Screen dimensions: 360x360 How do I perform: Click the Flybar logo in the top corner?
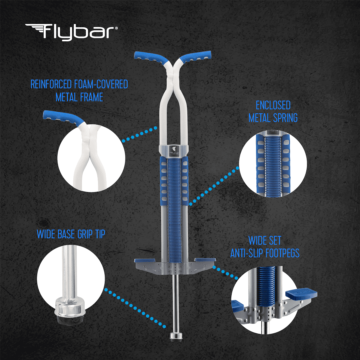pos(71,32)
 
